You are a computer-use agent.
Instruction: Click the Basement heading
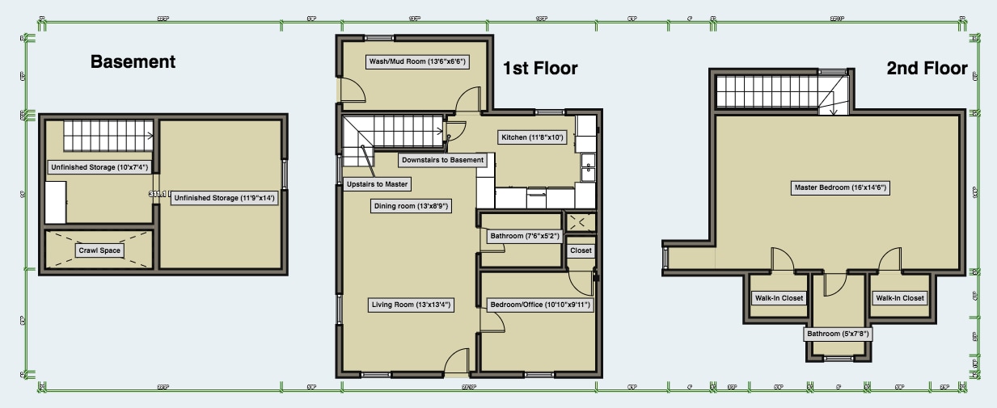tap(133, 62)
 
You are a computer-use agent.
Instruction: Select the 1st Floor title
tap(540, 68)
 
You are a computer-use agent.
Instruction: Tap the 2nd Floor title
tap(927, 69)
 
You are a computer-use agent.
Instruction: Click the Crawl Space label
tap(99, 250)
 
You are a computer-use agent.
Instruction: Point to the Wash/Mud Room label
tap(417, 61)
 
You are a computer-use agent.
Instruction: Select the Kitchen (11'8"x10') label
tap(531, 137)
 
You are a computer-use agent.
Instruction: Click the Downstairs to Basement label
tap(442, 160)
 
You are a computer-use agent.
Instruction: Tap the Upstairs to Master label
tap(376, 184)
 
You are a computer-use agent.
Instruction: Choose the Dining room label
tap(411, 206)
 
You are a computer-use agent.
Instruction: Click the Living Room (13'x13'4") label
tap(411, 305)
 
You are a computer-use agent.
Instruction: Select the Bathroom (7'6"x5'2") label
tap(522, 237)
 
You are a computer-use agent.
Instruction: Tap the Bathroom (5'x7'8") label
tap(838, 334)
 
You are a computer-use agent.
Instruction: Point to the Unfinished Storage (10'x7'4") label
tap(98, 168)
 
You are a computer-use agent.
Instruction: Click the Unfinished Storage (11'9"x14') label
tap(225, 198)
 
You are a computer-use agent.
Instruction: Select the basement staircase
tap(108, 135)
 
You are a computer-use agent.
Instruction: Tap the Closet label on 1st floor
tap(581, 250)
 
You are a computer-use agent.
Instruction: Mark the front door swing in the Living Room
tap(457, 362)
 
